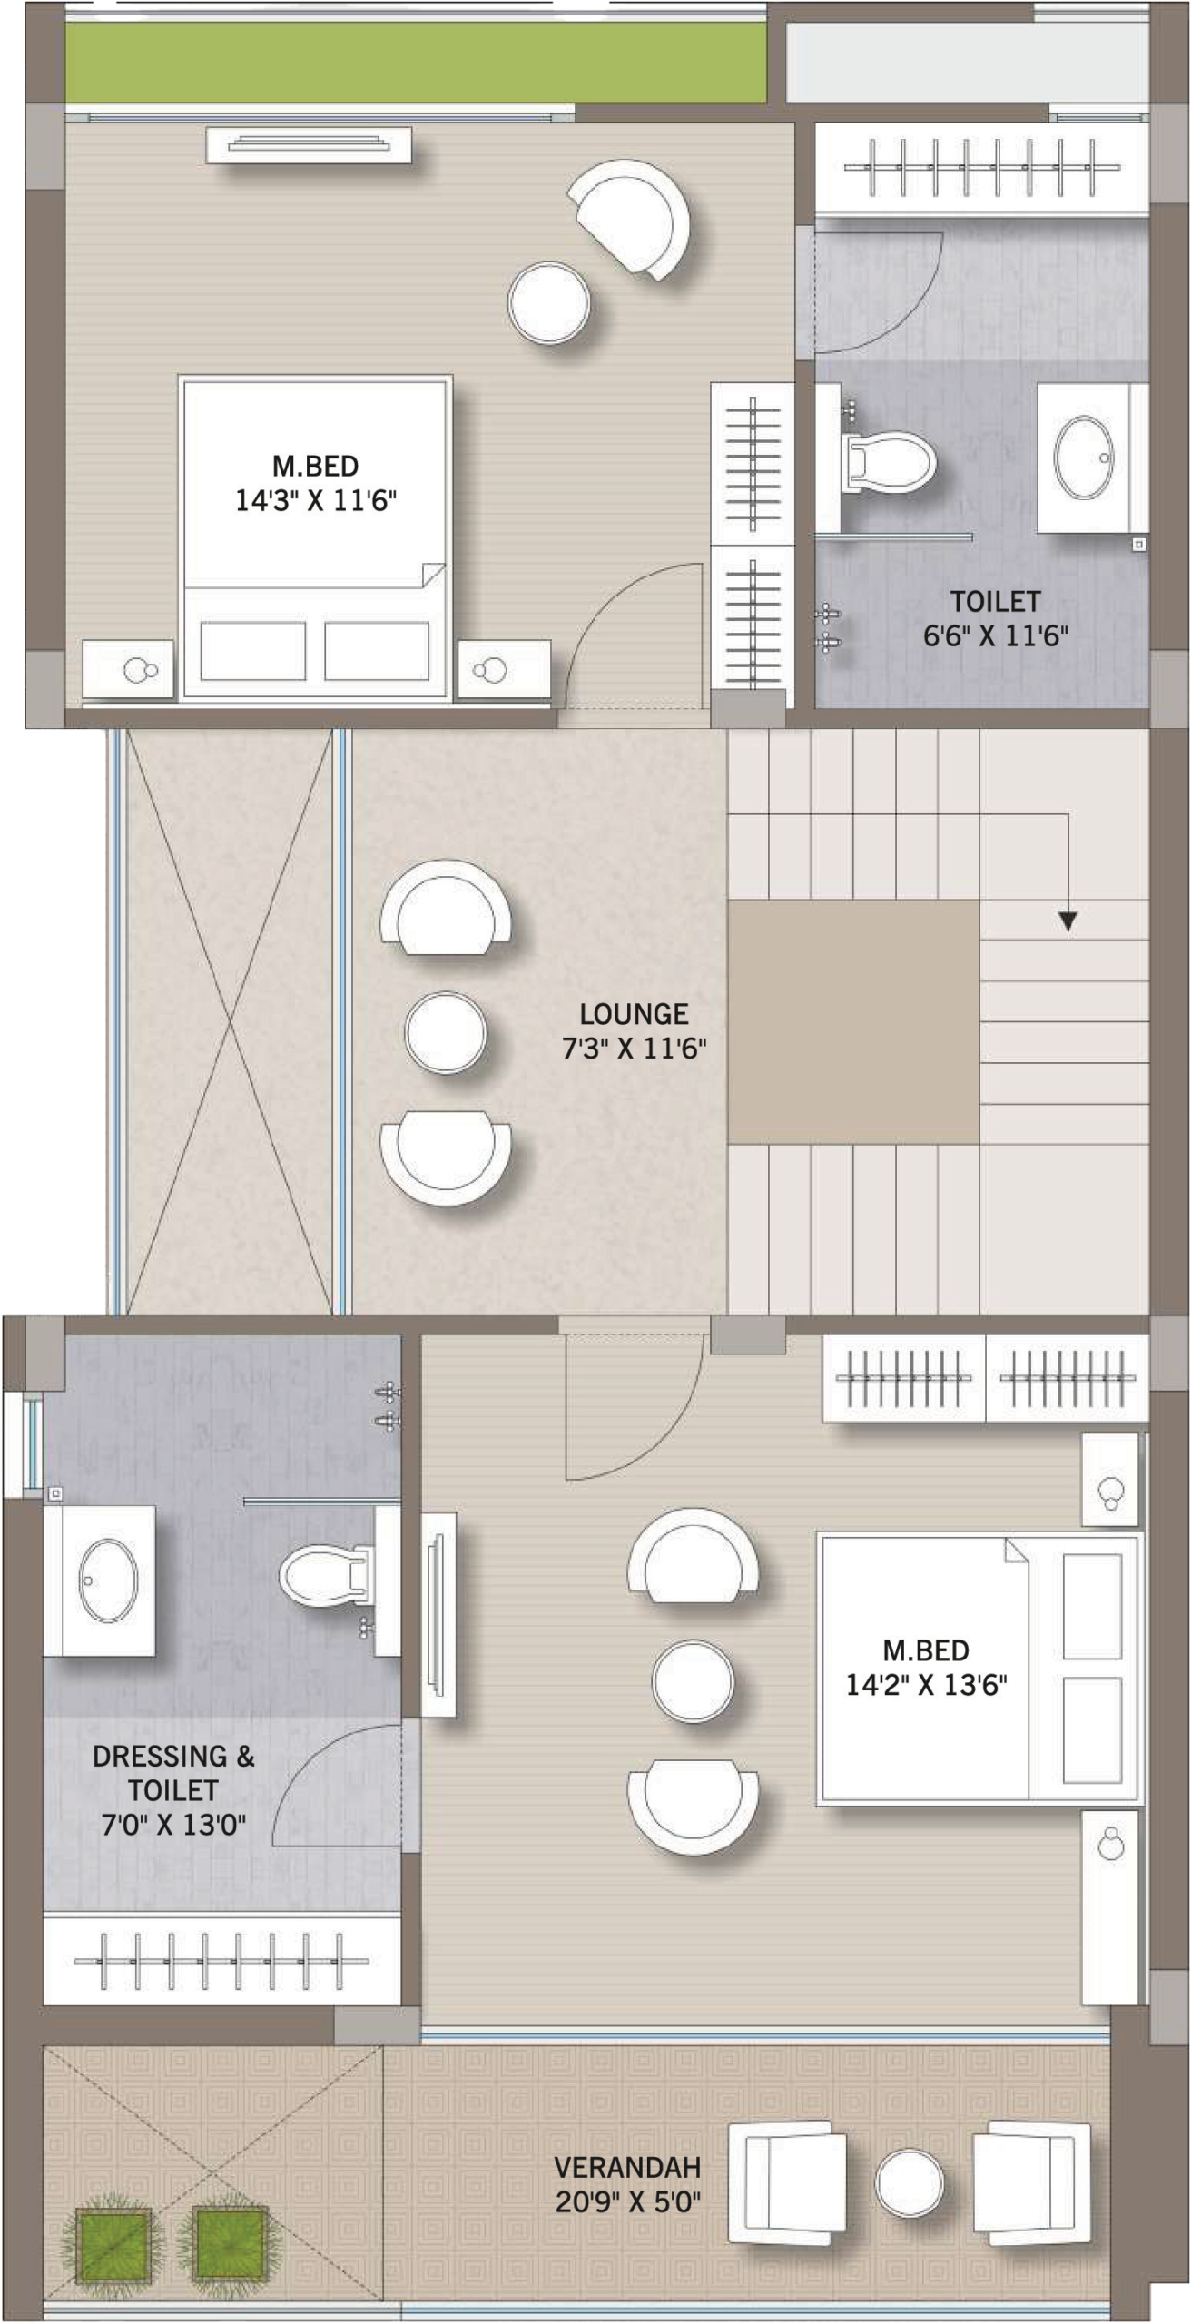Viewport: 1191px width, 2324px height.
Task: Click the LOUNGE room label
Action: (634, 1013)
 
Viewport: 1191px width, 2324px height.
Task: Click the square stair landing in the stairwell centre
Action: (853, 1022)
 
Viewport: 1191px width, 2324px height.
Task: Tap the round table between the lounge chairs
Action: (445, 1033)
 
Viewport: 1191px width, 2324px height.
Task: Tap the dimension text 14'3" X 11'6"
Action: (316, 500)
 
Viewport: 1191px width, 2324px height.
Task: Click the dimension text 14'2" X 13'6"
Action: (926, 1686)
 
